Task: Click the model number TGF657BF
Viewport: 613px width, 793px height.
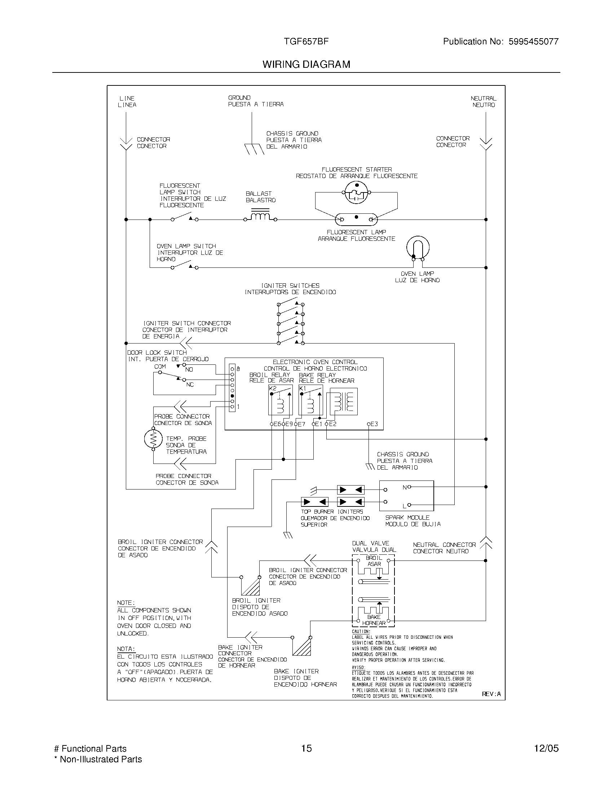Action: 306,41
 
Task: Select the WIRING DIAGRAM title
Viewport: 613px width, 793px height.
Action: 306,65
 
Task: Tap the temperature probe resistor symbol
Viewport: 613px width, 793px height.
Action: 153,439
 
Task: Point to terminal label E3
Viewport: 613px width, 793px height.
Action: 374,424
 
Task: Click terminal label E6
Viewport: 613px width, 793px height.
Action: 277,424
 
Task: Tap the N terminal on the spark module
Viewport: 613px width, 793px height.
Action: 405,487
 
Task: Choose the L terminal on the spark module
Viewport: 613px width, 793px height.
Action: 405,506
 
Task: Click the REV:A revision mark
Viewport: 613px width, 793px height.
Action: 491,694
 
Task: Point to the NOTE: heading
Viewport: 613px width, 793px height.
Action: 126,602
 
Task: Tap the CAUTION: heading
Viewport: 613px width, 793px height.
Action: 361,632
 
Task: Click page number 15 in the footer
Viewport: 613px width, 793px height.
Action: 306,748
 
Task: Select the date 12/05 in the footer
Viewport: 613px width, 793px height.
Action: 546,748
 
